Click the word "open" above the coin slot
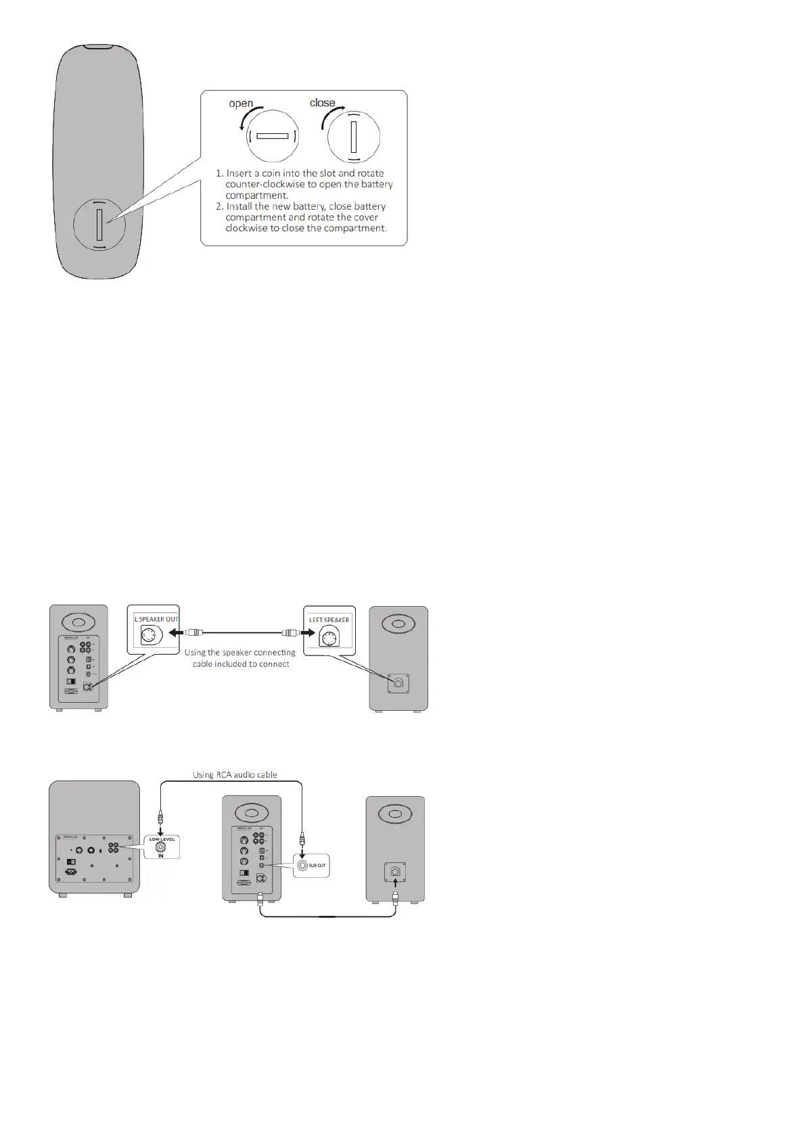(x=241, y=104)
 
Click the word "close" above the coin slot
(x=322, y=103)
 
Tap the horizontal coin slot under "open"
(x=273, y=136)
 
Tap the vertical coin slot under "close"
(x=353, y=137)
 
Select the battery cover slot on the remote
(x=99, y=225)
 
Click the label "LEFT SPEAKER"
(x=329, y=620)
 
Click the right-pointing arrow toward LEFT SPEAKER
(x=308, y=633)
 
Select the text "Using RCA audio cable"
(x=235, y=774)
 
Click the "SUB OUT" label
(x=317, y=866)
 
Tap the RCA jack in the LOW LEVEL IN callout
(x=160, y=846)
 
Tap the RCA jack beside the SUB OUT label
(x=302, y=865)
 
